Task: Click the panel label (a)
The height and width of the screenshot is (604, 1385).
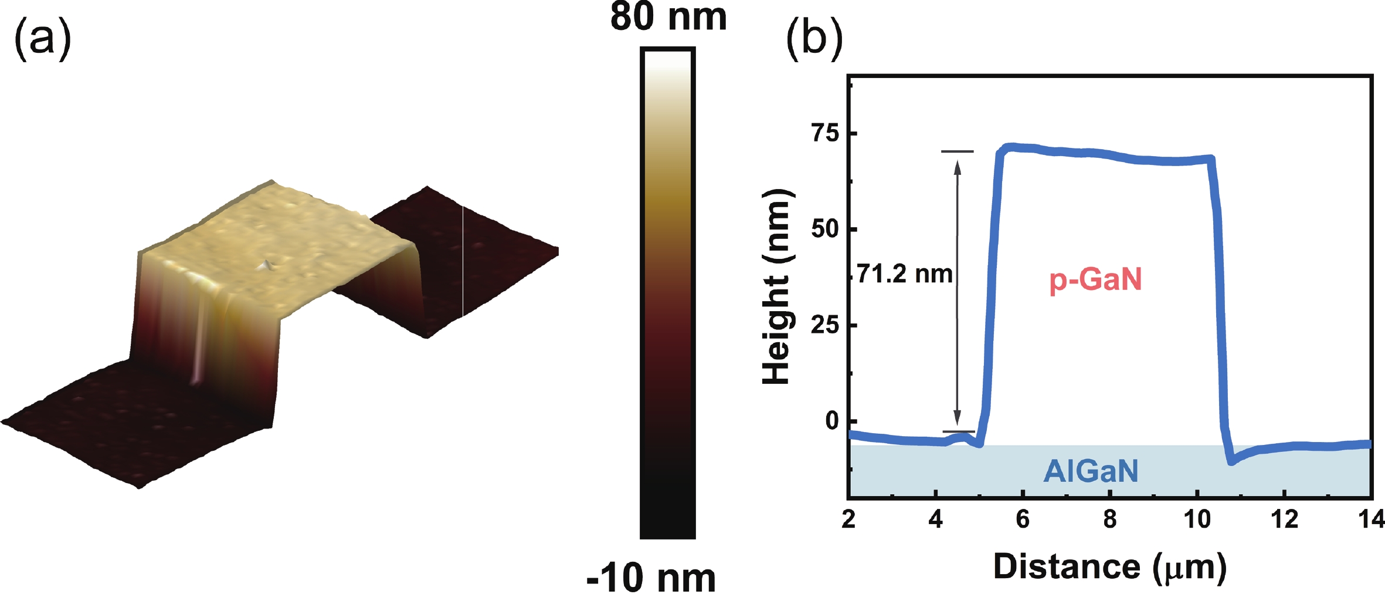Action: (x=42, y=39)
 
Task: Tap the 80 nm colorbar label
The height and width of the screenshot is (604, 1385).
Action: (x=668, y=18)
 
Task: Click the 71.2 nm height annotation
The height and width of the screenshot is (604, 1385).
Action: (x=904, y=274)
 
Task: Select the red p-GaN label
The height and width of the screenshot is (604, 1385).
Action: (x=1095, y=279)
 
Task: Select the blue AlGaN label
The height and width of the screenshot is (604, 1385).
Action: (x=1091, y=471)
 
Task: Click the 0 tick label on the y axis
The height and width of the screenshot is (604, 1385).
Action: (x=833, y=421)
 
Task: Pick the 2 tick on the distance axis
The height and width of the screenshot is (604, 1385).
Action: (x=848, y=519)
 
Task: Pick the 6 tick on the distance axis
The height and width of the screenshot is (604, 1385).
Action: (x=1023, y=519)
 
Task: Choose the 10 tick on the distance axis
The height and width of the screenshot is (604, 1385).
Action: (x=1197, y=519)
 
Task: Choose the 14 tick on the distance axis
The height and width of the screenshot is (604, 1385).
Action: (x=1371, y=519)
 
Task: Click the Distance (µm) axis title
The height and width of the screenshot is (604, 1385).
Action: (x=1109, y=567)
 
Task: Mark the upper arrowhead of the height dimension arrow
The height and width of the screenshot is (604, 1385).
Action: (x=958, y=168)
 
